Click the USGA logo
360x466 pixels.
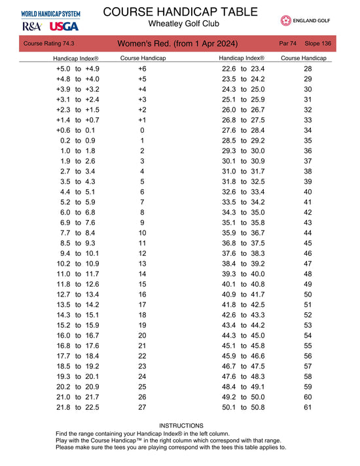point(63,26)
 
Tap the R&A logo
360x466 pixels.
point(32,26)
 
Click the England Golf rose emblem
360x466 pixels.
point(285,21)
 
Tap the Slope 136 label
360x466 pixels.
point(318,43)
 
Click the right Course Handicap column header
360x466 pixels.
point(304,58)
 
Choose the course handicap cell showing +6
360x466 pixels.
point(142,69)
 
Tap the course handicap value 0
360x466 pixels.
point(142,130)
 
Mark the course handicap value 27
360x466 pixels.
point(142,407)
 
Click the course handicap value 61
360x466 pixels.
point(308,407)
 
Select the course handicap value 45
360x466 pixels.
point(308,243)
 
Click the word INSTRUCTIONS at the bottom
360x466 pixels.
point(181,425)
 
